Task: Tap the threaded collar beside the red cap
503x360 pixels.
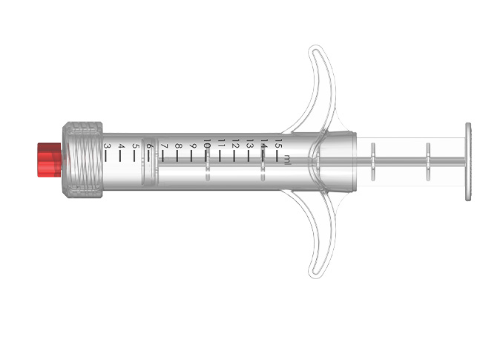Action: (83, 160)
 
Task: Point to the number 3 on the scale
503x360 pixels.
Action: (107, 147)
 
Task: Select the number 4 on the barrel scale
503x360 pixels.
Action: (121, 147)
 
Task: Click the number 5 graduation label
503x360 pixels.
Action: (135, 146)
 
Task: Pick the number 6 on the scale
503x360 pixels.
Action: (149, 146)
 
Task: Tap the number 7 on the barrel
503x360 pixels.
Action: (164, 146)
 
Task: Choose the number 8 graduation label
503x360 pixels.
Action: (178, 145)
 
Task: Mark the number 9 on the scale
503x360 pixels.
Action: (192, 145)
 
